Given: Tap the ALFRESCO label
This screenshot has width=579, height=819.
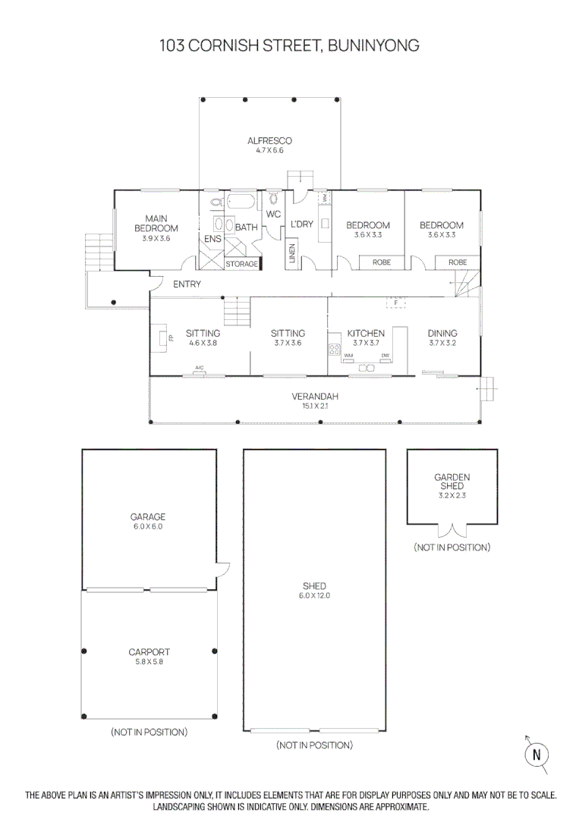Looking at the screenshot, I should pyautogui.click(x=269, y=141).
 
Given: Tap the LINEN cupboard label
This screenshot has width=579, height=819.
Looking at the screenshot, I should pyautogui.click(x=292, y=253).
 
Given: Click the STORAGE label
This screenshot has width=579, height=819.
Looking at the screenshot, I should pyautogui.click(x=241, y=264).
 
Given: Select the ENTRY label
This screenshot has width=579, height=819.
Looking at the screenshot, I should pyautogui.click(x=187, y=284).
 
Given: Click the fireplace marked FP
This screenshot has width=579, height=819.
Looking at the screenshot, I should pyautogui.click(x=163, y=337).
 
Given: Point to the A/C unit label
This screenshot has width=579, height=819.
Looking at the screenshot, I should pyautogui.click(x=200, y=369).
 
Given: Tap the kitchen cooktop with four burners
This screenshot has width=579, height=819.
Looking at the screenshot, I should pyautogui.click(x=334, y=350).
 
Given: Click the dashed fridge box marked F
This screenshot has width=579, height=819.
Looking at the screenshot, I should pyautogui.click(x=395, y=303).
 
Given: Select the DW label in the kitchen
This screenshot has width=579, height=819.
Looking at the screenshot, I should pyautogui.click(x=385, y=356).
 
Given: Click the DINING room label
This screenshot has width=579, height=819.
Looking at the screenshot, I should pyautogui.click(x=442, y=333).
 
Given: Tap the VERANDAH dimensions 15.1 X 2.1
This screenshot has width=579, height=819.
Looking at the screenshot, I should pyautogui.click(x=314, y=406).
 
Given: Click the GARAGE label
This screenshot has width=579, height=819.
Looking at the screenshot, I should pyautogui.click(x=148, y=517).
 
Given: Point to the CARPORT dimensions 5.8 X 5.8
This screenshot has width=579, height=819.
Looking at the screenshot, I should pyautogui.click(x=149, y=661).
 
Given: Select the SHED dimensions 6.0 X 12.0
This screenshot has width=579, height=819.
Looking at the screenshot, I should pyautogui.click(x=314, y=595).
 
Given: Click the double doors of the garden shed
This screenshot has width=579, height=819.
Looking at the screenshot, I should pyautogui.click(x=452, y=530).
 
